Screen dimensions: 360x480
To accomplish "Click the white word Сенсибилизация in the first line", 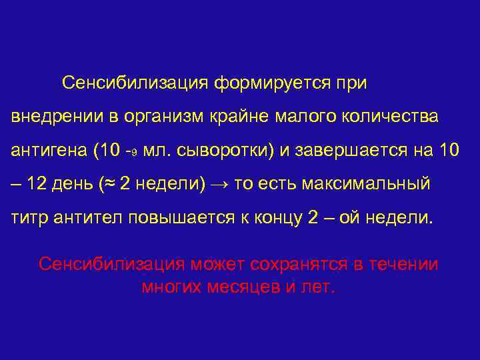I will coord(135,84).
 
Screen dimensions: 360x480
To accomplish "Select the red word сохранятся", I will coord(299,265).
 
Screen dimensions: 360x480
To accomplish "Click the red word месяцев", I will coord(243,287).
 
